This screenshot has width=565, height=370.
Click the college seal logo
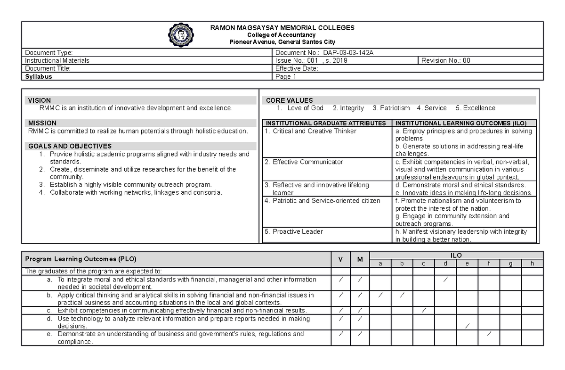[181, 35]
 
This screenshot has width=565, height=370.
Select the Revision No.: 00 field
[445, 60]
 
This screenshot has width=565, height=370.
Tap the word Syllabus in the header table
[39, 76]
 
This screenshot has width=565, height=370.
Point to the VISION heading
[40, 100]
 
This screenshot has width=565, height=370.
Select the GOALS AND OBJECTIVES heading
[70, 146]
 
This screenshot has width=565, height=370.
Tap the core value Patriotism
[391, 108]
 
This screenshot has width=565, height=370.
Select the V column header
[340, 259]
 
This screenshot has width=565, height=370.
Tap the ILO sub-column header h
[532, 263]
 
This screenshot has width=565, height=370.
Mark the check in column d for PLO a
[445, 280]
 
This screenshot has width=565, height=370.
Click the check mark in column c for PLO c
[424, 310]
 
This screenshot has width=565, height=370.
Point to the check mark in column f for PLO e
[489, 334]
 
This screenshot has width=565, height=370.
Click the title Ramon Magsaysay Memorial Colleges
[282, 28]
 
